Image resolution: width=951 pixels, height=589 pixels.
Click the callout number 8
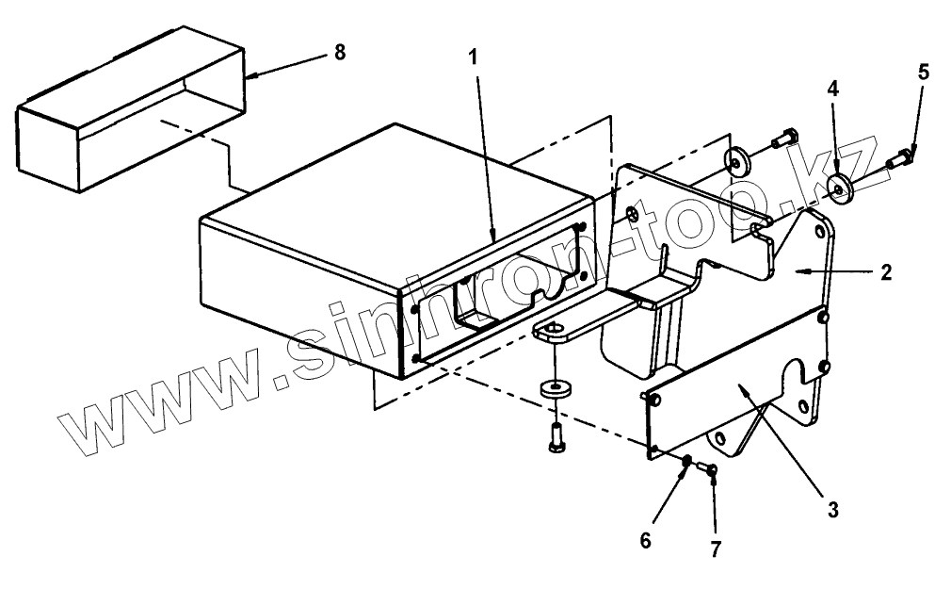tap(339, 53)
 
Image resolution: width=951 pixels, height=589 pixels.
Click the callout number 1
tap(474, 57)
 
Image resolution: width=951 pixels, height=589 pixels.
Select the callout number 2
tap(886, 273)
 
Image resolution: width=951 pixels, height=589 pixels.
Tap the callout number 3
tap(831, 510)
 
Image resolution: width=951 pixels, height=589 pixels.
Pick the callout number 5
tap(923, 73)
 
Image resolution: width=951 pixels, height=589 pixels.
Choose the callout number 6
tap(645, 540)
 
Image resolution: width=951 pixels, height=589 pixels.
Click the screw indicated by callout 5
tap(900, 162)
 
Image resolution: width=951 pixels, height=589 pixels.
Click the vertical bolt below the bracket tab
tap(554, 437)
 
